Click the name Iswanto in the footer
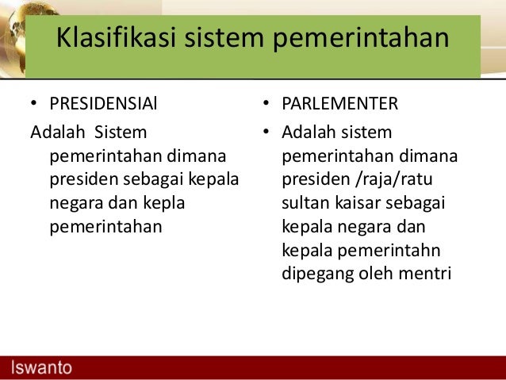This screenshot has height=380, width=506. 41,367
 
